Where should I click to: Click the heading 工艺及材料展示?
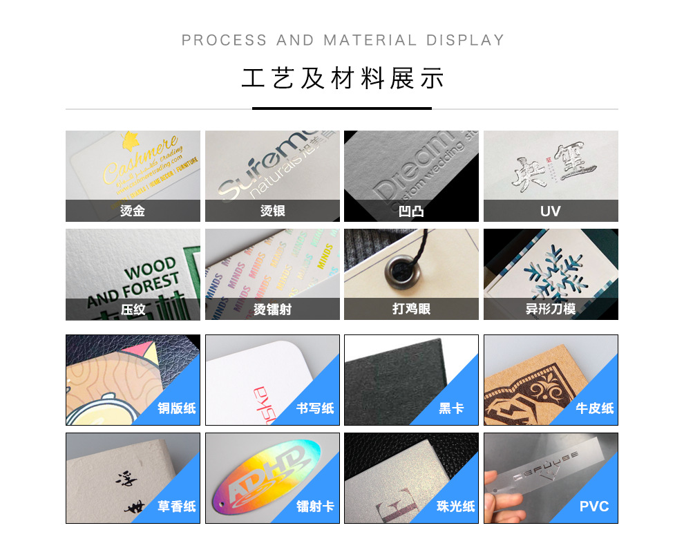(x=342, y=79)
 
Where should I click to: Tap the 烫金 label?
(x=133, y=211)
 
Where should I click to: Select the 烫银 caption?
(x=272, y=211)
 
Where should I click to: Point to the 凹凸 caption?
(x=411, y=211)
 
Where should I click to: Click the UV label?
(x=550, y=211)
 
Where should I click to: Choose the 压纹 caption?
(x=133, y=310)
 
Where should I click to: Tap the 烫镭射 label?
(x=272, y=310)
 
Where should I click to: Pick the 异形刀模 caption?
(x=550, y=310)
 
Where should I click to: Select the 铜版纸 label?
(x=176, y=408)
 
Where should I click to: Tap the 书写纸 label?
(x=315, y=408)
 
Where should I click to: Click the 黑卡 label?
(x=452, y=408)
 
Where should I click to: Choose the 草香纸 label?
(x=176, y=507)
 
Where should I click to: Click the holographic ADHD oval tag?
(x=267, y=478)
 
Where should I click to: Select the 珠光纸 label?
(x=456, y=507)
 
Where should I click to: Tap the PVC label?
(x=594, y=507)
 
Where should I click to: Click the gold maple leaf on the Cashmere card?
(x=129, y=140)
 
